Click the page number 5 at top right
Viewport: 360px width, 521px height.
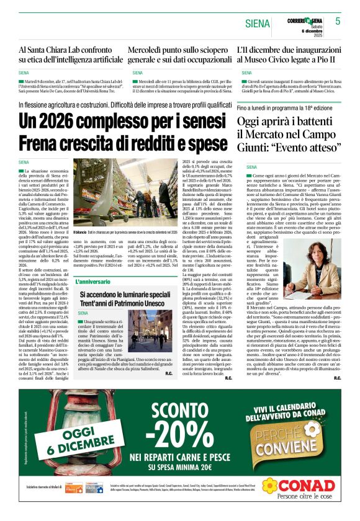pos(338,20)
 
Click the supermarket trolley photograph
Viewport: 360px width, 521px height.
pos(120,188)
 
